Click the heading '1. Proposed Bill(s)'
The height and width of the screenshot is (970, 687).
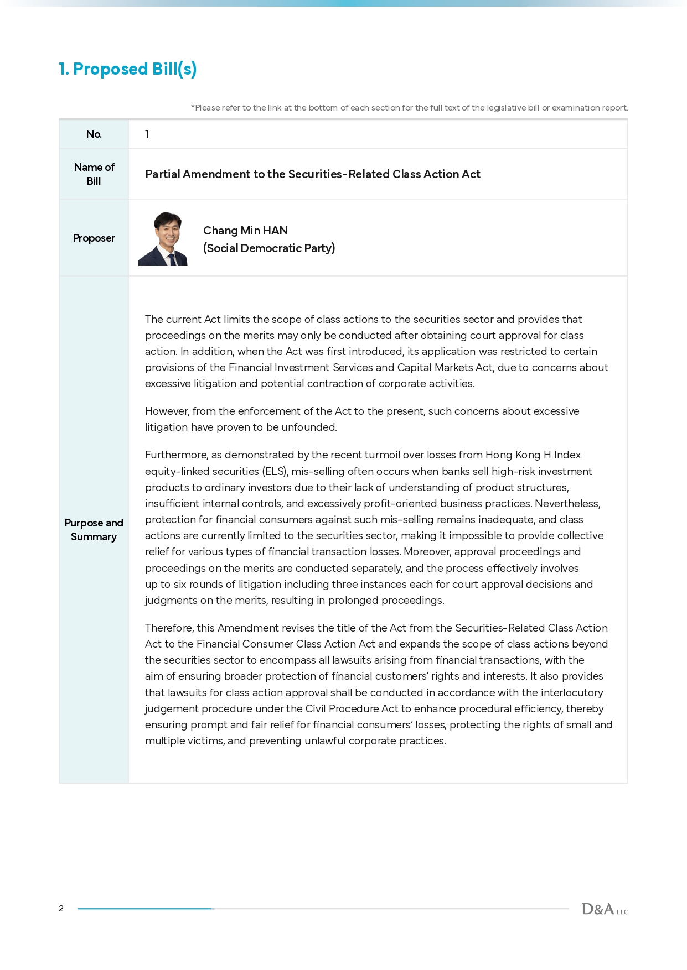[x=128, y=69]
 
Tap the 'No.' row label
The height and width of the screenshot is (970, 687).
[x=94, y=134]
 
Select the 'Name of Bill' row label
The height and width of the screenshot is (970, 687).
[x=94, y=174]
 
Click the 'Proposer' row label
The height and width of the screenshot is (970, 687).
[x=94, y=238]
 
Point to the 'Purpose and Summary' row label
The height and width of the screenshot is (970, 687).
[x=94, y=530]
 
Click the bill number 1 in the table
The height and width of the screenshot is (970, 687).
[x=147, y=134]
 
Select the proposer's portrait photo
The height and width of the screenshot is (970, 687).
[x=163, y=239]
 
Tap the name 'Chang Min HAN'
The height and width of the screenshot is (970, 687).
[x=245, y=231]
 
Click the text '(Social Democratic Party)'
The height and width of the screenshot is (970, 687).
[x=269, y=248]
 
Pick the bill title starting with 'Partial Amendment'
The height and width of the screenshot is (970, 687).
[x=313, y=174]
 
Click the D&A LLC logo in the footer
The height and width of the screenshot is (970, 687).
[x=605, y=909]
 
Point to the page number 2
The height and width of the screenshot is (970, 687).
[x=61, y=909]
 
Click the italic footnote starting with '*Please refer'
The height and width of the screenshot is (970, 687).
[x=409, y=108]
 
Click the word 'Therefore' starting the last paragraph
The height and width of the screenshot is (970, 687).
[x=169, y=628]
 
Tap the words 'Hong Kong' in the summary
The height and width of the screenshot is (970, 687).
[x=513, y=455]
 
